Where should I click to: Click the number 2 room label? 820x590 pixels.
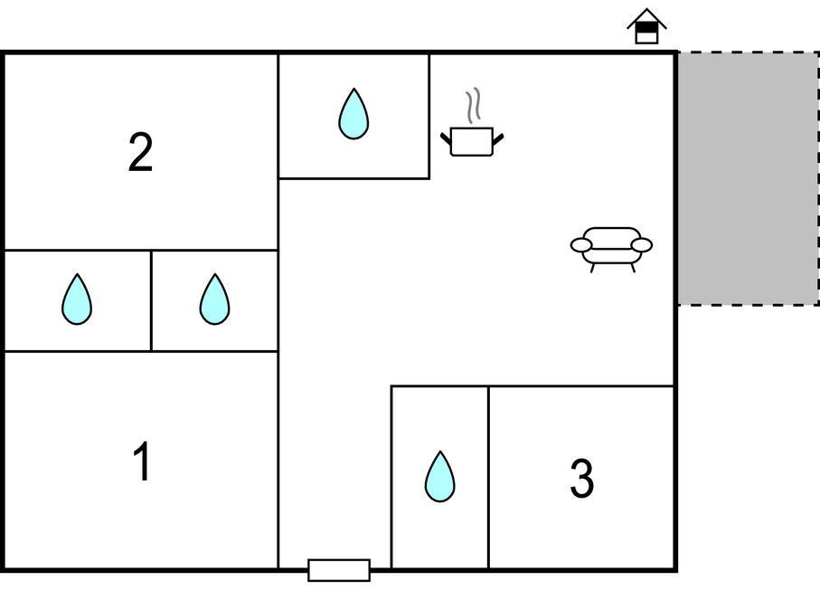click(140, 152)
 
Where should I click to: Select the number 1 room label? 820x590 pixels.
click(142, 461)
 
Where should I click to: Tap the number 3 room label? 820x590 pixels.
click(581, 478)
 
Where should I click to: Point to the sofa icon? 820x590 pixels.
click(611, 250)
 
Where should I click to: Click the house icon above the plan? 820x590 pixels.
click(647, 26)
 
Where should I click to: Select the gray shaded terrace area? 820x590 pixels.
click(749, 178)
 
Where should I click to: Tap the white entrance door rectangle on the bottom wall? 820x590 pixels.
click(339, 570)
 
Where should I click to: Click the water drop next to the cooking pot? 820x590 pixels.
click(353, 114)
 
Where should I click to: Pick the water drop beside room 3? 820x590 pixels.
click(439, 476)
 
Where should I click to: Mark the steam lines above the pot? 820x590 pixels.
click(473, 105)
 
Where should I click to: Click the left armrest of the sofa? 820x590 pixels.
click(581, 244)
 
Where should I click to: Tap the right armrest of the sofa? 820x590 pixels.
click(642, 244)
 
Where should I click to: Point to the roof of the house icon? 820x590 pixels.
click(647, 18)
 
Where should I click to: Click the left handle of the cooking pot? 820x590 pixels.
click(446, 139)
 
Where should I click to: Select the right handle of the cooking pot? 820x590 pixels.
click(498, 139)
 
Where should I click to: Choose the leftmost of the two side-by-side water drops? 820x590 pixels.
click(77, 299)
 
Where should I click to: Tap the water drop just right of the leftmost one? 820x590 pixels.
click(214, 299)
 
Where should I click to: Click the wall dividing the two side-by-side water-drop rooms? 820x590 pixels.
click(151, 300)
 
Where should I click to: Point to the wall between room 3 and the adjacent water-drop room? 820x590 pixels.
click(488, 477)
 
